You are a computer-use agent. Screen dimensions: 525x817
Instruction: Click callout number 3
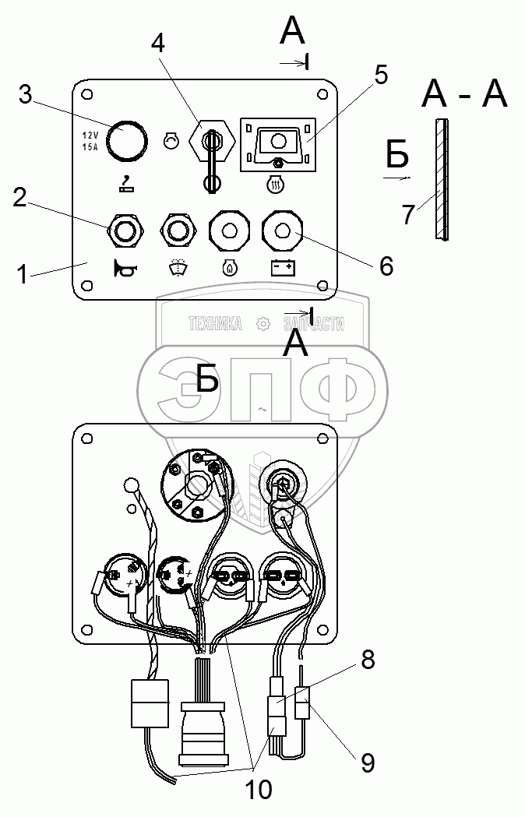click(x=26, y=96)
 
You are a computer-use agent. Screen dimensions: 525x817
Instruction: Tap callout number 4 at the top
click(x=158, y=44)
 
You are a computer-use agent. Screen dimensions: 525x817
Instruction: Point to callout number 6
click(x=386, y=266)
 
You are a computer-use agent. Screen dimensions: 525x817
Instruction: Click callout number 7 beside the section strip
click(x=408, y=215)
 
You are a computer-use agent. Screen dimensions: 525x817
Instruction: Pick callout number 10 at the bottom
click(x=259, y=790)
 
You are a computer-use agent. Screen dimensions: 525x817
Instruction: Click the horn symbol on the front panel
click(x=125, y=269)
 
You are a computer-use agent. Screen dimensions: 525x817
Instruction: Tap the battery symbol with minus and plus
click(x=282, y=269)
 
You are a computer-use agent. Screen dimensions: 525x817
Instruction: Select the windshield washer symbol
click(x=177, y=269)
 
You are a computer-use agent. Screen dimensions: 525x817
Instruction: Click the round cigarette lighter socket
click(x=125, y=140)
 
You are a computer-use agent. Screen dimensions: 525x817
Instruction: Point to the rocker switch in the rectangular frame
click(x=277, y=143)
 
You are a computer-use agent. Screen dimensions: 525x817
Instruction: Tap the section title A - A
click(x=464, y=95)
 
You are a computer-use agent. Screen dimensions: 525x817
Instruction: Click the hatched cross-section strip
click(x=442, y=179)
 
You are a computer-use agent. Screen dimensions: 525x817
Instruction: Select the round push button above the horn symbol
click(x=125, y=231)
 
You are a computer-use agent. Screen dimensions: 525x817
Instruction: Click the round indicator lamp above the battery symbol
click(x=282, y=231)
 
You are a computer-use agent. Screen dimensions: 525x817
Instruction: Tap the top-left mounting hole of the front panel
click(x=88, y=94)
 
